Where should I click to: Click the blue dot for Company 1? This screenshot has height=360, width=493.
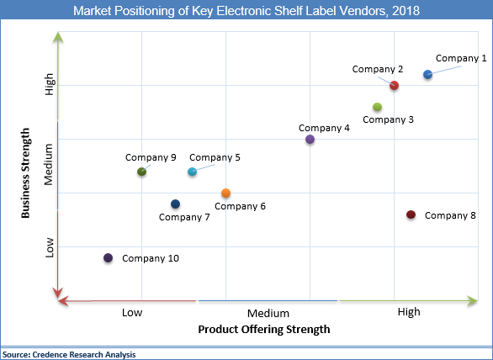pyautogui.click(x=427, y=75)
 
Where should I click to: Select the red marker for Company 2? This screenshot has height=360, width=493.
pyautogui.click(x=394, y=86)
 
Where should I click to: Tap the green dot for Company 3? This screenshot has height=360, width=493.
pyautogui.click(x=377, y=107)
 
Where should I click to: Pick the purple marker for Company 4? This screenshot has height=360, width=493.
pyautogui.click(x=310, y=140)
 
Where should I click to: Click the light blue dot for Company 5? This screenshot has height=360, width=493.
pyautogui.click(x=192, y=172)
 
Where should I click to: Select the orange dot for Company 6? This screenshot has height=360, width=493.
pyautogui.click(x=225, y=193)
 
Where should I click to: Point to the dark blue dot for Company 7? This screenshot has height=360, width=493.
pyautogui.click(x=175, y=204)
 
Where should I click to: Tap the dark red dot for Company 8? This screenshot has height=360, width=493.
pyautogui.click(x=411, y=215)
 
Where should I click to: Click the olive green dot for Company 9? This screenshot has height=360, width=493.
pyautogui.click(x=141, y=172)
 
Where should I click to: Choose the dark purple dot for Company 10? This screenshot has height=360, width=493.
pyautogui.click(x=108, y=258)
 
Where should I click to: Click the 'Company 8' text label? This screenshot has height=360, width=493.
pyautogui.click(x=450, y=215)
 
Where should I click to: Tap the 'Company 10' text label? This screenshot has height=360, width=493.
pyautogui.click(x=151, y=258)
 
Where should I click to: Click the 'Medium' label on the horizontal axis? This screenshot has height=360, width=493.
pyautogui.click(x=268, y=313)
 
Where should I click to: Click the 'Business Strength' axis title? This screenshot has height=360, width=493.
pyautogui.click(x=26, y=172)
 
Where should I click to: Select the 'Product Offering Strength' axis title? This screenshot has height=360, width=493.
pyautogui.click(x=263, y=329)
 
